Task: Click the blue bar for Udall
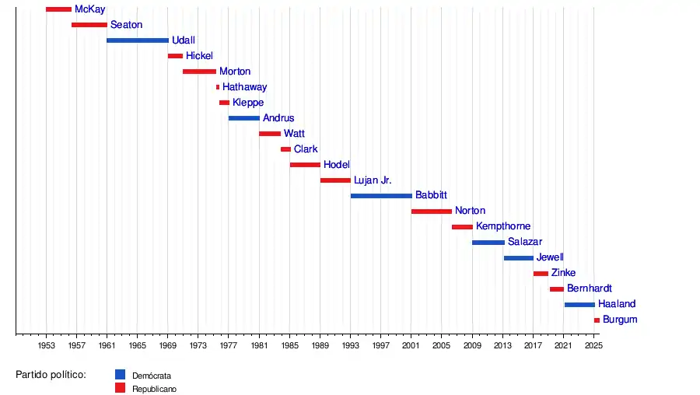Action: (x=138, y=40)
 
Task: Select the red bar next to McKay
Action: (x=58, y=9)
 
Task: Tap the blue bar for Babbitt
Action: (x=381, y=196)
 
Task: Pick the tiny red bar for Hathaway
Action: (x=218, y=87)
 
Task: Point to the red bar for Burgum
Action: (x=597, y=320)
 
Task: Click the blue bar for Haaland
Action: (x=579, y=305)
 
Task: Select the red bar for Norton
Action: (x=432, y=211)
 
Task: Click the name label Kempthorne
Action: (x=503, y=226)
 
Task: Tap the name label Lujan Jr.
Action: (x=373, y=180)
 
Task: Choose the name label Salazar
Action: (x=525, y=242)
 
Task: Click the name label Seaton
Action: (x=126, y=25)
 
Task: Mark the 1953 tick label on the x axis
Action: (x=46, y=344)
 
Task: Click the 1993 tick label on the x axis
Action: (x=351, y=344)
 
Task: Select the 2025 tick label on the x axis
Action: (x=593, y=344)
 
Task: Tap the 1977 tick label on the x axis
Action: (x=229, y=344)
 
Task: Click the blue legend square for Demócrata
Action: (x=120, y=374)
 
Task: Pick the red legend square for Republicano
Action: (x=120, y=387)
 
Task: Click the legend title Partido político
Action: (x=51, y=374)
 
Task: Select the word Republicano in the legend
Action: (x=154, y=388)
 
